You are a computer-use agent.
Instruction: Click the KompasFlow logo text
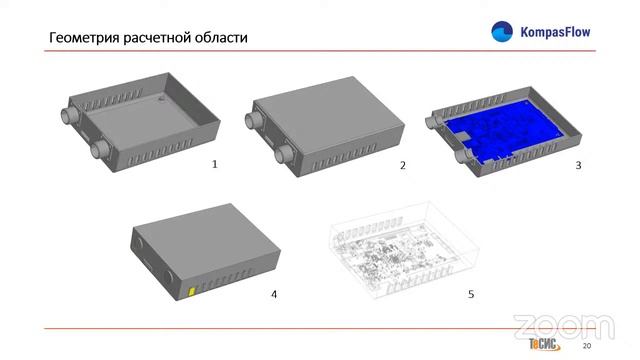coord(555,32)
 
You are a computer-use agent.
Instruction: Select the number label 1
coord(213,163)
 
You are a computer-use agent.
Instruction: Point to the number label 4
coord(273,294)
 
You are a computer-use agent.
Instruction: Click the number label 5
coord(471,294)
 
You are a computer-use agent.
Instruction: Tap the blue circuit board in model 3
coord(505,134)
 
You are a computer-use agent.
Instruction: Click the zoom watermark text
coord(562,326)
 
